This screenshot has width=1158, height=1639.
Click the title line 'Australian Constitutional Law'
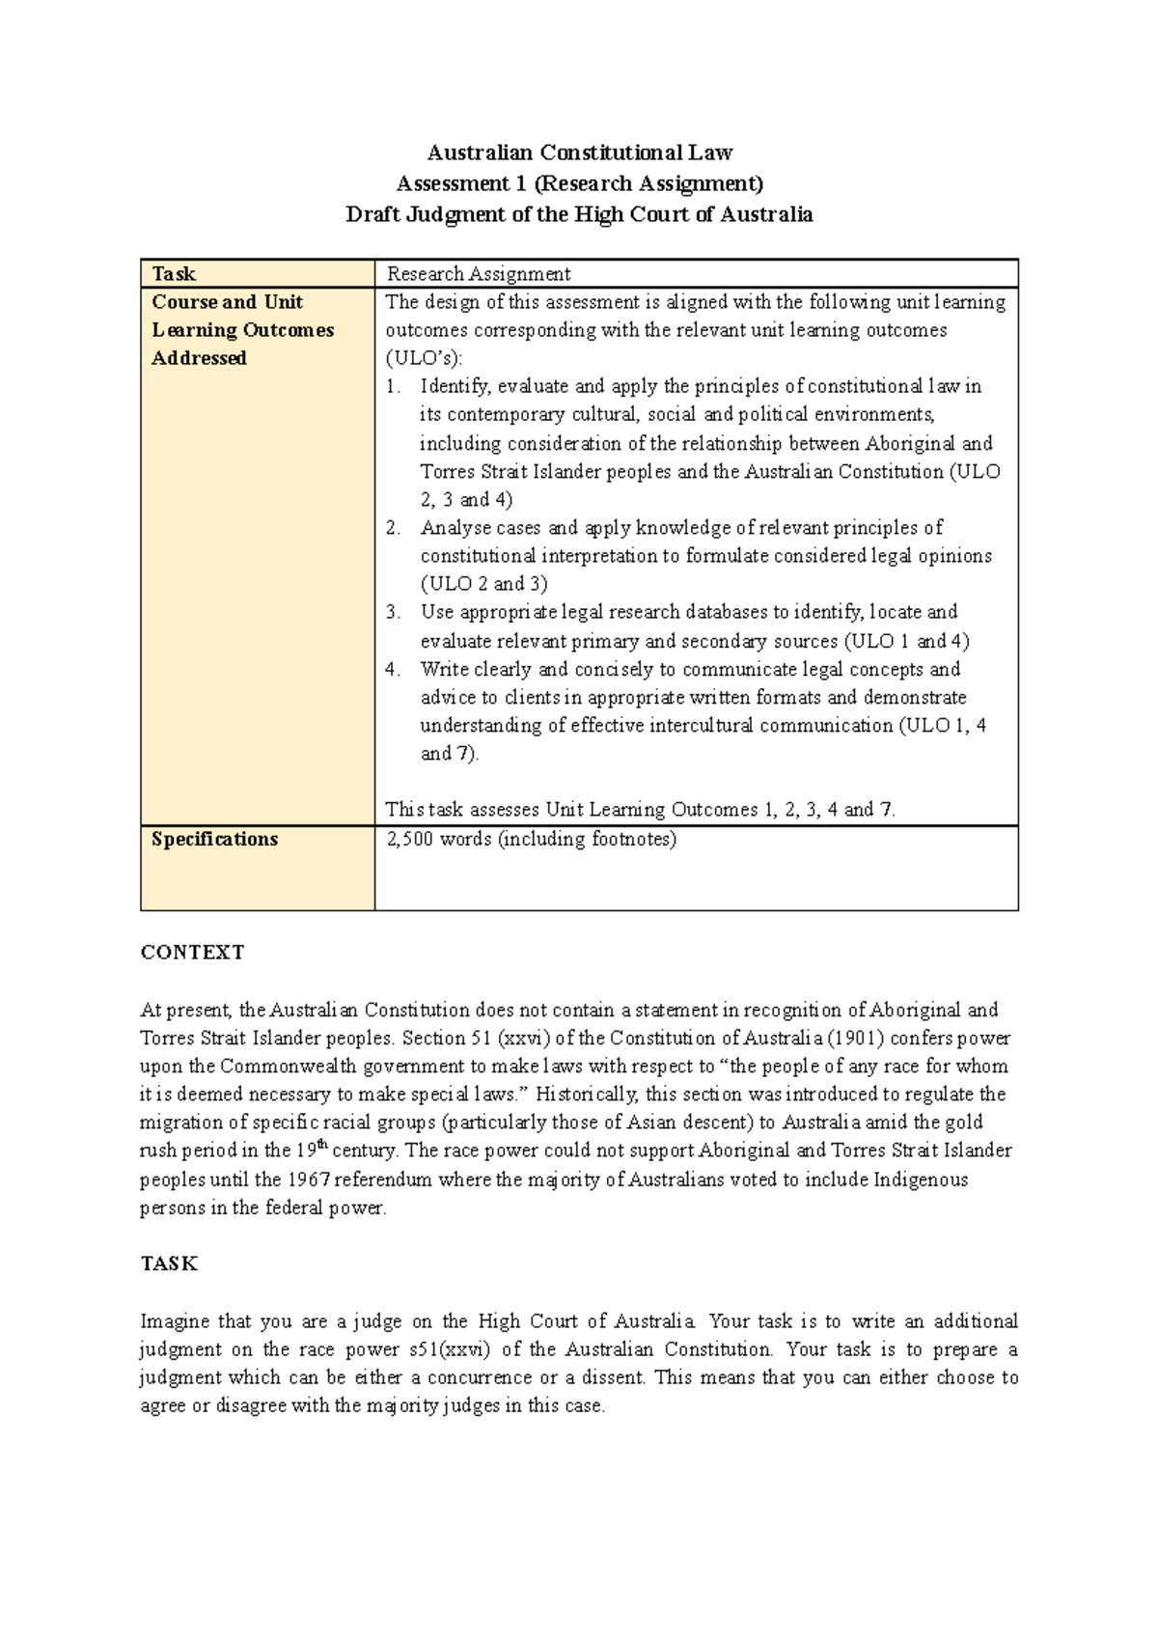tap(579, 153)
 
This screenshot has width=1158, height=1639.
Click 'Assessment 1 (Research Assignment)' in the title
tap(579, 183)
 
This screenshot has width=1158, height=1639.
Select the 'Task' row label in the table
tap(174, 274)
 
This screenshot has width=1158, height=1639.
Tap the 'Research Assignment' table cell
tap(479, 274)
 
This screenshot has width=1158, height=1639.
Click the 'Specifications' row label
tap(214, 839)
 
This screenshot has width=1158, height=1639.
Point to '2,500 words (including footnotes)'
tap(532, 839)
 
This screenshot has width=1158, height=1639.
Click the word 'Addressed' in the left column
tap(199, 358)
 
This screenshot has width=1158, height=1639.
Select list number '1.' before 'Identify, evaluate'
tap(392, 387)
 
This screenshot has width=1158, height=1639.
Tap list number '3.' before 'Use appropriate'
tap(392, 612)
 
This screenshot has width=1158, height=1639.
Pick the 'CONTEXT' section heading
tap(192, 953)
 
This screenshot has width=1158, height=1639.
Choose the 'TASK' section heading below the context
tap(169, 1264)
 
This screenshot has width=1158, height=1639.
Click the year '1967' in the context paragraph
tap(307, 1180)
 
